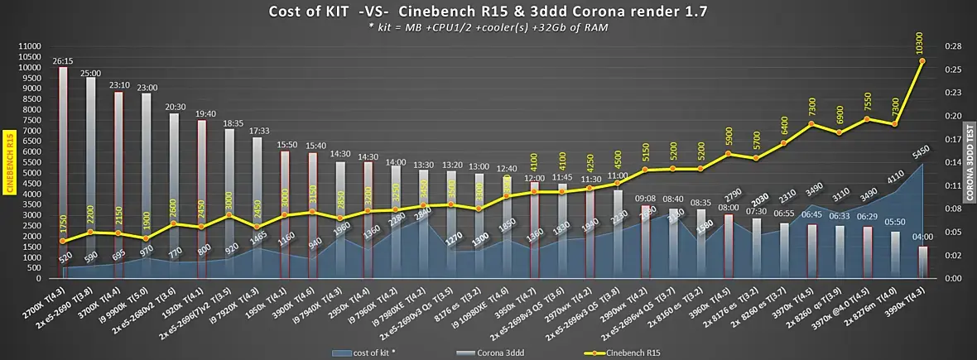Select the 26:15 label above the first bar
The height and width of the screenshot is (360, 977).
[x=63, y=60]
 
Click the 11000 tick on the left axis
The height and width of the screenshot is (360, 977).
[x=28, y=46]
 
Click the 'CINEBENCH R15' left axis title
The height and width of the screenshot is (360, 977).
[x=10, y=162]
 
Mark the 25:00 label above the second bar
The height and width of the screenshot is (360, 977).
[x=91, y=72]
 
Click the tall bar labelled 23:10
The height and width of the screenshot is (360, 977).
[x=119, y=182]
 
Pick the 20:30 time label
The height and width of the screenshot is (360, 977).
[x=175, y=107]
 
